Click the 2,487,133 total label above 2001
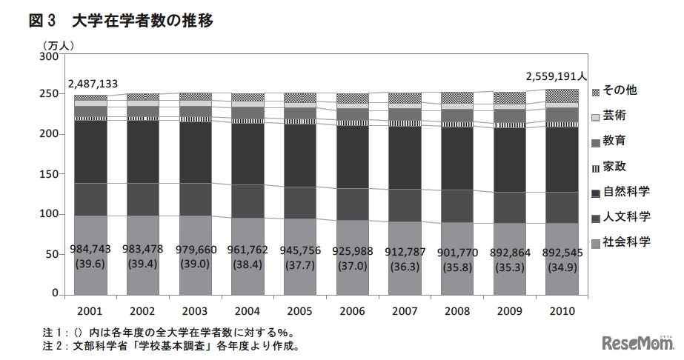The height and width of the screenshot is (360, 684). tap(93, 84)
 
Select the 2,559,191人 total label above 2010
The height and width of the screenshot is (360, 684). tap(557, 76)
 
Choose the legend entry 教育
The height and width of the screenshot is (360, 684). tap(614, 141)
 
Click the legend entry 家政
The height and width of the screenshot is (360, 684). tap(614, 165)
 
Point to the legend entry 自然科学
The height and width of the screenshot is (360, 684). tap(625, 191)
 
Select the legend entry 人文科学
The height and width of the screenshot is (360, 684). tap(625, 216)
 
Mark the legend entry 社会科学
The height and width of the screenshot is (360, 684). tap(625, 241)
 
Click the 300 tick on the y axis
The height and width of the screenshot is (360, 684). tap(48, 56)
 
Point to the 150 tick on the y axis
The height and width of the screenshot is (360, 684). tap(48, 175)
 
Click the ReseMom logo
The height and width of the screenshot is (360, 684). tap(638, 343)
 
